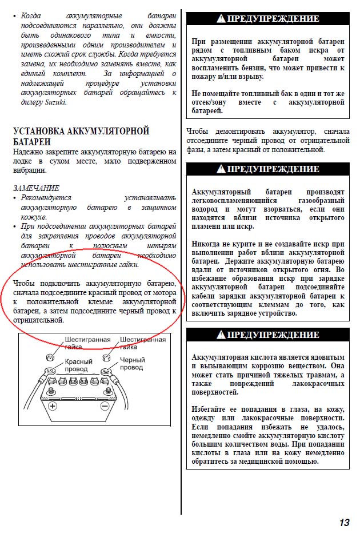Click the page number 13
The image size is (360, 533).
[x=343, y=522]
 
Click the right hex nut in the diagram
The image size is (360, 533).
[x=105, y=359]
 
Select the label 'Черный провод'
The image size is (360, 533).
[x=132, y=364]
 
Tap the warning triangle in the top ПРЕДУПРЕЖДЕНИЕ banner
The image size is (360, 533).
[x=221, y=19]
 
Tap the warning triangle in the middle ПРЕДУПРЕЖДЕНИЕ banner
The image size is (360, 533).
[x=221, y=169]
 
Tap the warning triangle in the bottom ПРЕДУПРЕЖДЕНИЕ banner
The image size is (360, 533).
[x=221, y=335]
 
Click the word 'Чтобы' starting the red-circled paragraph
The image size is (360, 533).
[x=23, y=284]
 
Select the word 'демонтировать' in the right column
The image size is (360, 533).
[x=240, y=132]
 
